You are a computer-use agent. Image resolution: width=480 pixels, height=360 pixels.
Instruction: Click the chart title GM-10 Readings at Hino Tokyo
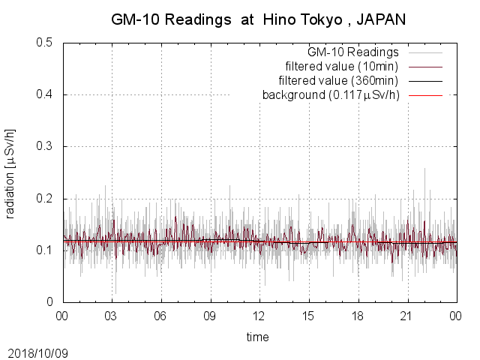(225, 20)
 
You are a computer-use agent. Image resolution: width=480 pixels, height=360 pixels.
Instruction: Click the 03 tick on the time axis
(112, 316)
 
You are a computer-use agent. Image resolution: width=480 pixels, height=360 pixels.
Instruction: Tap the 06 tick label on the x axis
(160, 316)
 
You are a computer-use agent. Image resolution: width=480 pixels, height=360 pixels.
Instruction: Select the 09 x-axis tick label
(210, 316)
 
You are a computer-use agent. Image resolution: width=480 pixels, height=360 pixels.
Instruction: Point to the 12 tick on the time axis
(259, 316)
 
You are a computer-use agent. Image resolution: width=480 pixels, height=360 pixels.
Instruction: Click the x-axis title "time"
(258, 337)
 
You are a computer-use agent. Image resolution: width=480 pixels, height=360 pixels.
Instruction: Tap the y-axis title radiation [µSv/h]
(10, 172)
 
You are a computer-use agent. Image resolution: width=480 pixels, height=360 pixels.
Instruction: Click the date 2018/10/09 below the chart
(38, 352)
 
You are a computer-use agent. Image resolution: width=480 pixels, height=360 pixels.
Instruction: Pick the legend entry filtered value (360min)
(348, 81)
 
